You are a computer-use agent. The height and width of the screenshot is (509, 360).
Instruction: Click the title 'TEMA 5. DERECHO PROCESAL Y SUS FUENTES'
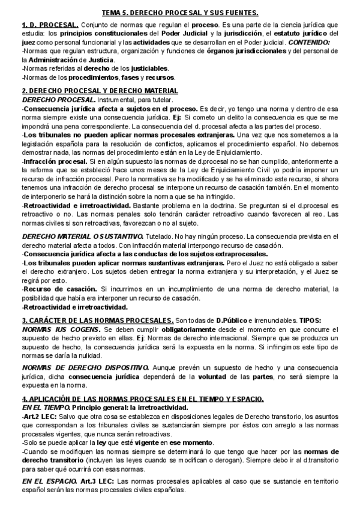coord(180,13)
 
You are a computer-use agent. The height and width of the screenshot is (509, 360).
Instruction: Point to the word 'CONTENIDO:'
coord(308,43)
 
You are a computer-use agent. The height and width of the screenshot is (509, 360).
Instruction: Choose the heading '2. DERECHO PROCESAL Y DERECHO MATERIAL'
coord(96,91)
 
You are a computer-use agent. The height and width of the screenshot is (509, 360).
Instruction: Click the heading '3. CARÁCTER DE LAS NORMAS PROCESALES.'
coord(98,321)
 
